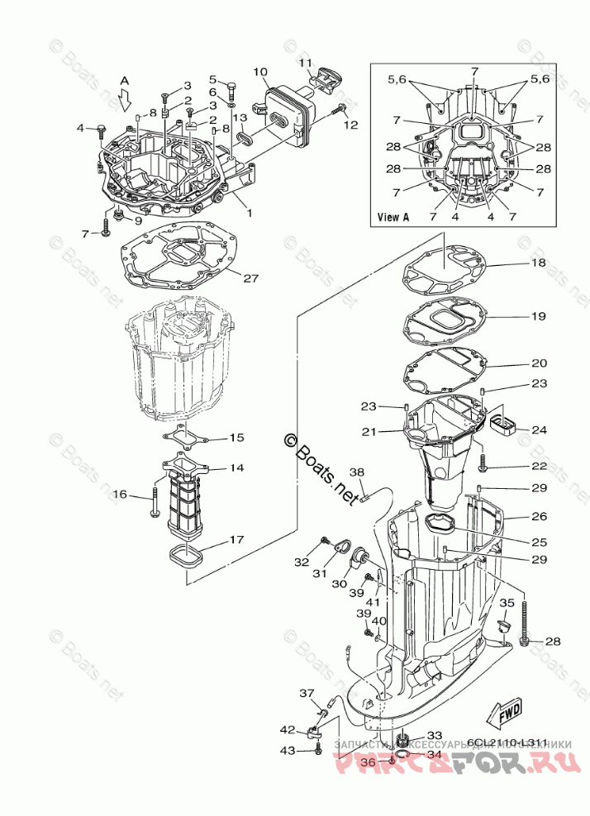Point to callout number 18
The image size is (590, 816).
coord(538,263)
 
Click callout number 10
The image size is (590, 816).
coord(260,73)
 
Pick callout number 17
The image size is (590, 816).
coord(236,540)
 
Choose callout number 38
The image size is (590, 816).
coord(356,472)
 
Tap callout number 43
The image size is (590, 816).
coord(287,750)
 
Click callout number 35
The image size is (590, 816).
coord(507,603)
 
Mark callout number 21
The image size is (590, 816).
coord(369,431)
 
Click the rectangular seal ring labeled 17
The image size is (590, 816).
coord(187,556)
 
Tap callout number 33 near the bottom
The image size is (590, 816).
coord(434,735)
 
